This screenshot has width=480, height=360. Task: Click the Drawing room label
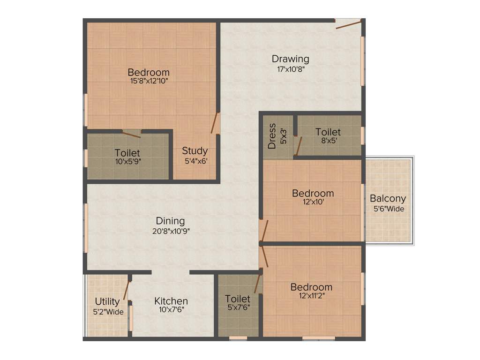click(291, 59)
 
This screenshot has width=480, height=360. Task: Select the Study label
click(195, 151)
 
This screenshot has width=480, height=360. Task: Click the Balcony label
click(388, 198)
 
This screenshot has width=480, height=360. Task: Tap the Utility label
click(107, 301)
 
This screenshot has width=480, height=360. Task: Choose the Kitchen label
click(171, 301)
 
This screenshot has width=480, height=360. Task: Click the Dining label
click(170, 221)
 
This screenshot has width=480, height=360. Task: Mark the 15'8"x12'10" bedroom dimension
click(149, 81)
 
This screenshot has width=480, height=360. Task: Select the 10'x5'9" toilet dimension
click(127, 162)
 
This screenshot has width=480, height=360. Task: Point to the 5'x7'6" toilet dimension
click(238, 307)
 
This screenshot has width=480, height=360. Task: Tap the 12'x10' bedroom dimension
click(313, 202)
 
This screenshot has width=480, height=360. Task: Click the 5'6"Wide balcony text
click(388, 209)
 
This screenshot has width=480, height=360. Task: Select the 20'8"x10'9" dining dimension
click(170, 231)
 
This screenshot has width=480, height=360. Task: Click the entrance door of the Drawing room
click(349, 23)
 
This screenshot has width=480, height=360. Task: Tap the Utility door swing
click(126, 291)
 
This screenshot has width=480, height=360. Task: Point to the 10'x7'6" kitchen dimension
click(171, 310)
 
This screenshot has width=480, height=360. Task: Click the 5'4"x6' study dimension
click(195, 161)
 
